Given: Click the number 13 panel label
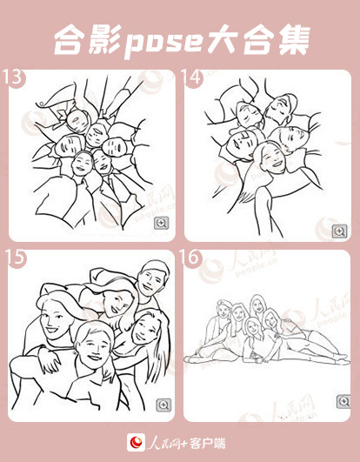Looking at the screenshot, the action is point(12,77).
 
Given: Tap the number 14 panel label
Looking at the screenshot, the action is point(191,77).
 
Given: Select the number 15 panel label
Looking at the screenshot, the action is point(16,258).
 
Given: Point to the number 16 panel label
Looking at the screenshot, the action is point(190,258).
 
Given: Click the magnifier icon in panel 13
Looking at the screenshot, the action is point(162,223).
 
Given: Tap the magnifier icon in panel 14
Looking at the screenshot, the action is point(340,231).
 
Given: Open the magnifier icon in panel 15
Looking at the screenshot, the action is point(163,405).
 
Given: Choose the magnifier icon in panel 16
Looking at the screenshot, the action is point(343,401).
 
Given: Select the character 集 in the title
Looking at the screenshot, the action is point(294,40).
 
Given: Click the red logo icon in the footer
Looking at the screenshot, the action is point(136,443).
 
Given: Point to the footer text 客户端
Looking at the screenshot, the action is point(208,443).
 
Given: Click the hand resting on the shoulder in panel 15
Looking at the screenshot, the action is point(50,362).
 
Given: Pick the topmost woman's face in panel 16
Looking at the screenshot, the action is point(257,306).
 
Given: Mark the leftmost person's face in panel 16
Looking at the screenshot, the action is point(223,310).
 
